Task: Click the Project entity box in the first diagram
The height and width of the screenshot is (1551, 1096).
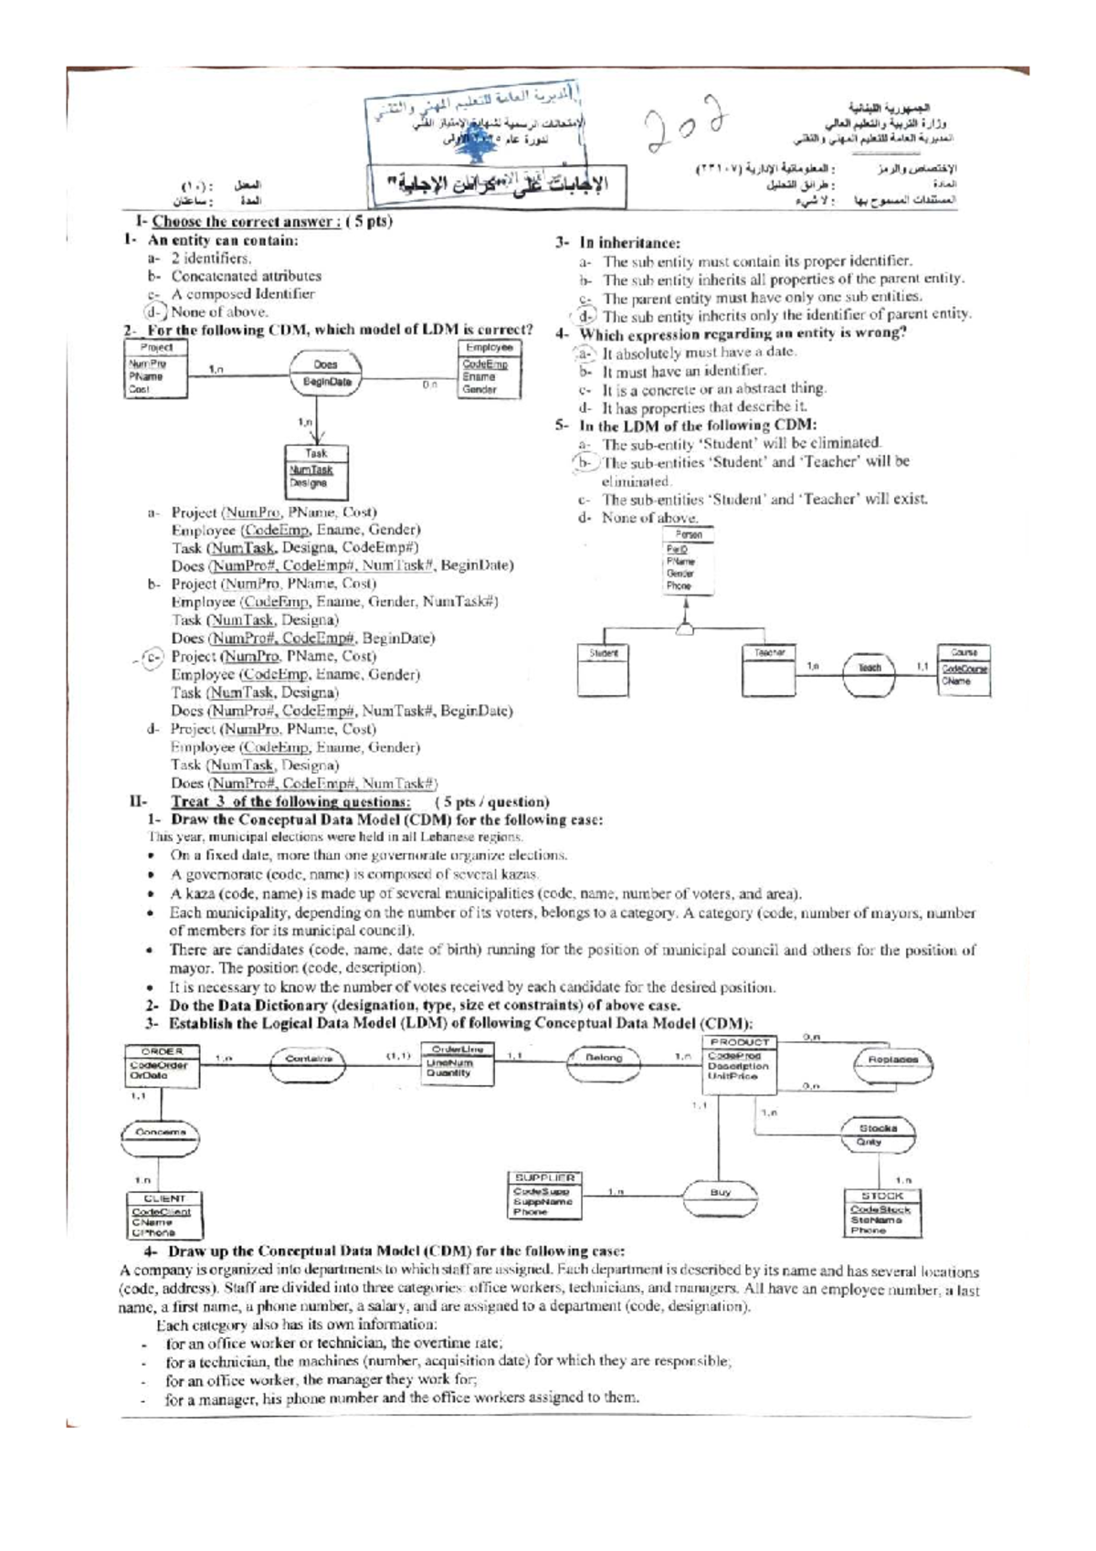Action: [x=155, y=369]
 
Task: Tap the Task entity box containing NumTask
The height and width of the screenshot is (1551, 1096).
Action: [x=315, y=471]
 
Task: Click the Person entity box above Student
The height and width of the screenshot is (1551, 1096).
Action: [x=689, y=562]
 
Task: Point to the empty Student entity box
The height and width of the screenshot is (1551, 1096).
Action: [x=604, y=671]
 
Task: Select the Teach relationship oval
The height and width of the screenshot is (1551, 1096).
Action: [x=869, y=673]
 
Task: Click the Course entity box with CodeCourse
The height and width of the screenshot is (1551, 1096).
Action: [x=964, y=673]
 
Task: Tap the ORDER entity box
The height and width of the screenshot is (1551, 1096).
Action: [x=162, y=1065]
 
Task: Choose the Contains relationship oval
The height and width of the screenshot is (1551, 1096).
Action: [x=311, y=1059]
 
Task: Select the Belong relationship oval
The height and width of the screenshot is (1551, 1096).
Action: [x=604, y=1058]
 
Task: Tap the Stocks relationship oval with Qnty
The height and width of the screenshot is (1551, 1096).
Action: [x=878, y=1134]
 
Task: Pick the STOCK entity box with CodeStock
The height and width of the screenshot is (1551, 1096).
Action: [x=880, y=1213]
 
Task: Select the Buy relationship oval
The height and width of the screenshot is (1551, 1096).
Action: [x=721, y=1193]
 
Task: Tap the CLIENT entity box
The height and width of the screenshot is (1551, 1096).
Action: [x=164, y=1215]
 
